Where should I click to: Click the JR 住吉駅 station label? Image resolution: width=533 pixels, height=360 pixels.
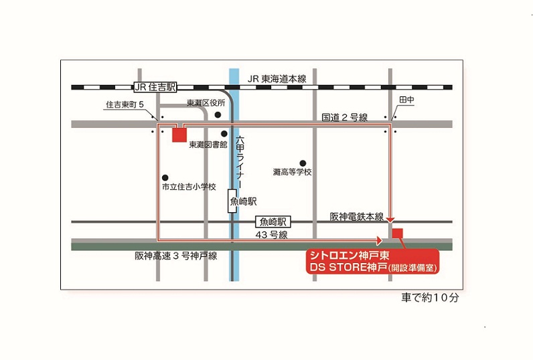[155, 87]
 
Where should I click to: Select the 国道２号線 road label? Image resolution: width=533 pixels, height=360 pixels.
[344, 117]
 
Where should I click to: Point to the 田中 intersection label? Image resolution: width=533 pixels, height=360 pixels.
[406, 100]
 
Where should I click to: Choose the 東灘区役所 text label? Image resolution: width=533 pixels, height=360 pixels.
[205, 103]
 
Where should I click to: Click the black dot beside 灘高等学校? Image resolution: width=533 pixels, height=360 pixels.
[303, 163]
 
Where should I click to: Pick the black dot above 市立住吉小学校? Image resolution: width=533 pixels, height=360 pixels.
[165, 177]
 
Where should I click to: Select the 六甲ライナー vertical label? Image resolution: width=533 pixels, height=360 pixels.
[240, 161]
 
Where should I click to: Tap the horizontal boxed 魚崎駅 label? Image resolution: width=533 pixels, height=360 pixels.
[273, 221]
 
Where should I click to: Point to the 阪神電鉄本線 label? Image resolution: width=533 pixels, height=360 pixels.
[356, 217]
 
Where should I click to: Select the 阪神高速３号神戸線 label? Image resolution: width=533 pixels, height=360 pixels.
[175, 256]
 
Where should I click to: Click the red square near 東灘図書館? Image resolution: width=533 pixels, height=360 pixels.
[179, 135]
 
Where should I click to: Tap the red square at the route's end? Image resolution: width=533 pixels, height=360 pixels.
[398, 234]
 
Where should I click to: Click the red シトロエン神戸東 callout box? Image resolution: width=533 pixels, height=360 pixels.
[372, 262]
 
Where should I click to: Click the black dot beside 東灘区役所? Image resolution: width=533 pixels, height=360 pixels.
[218, 115]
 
